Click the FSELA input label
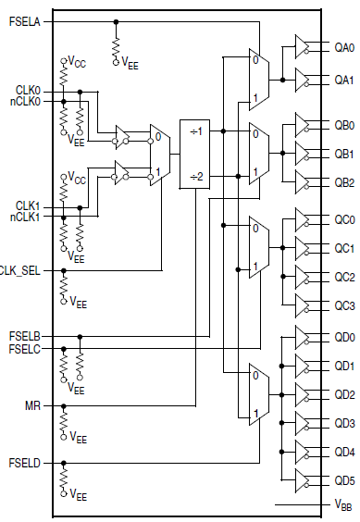tap(25, 19)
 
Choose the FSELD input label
tap(25, 462)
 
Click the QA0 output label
tap(343, 46)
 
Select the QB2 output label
tap(343, 181)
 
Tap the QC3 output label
tap(343, 305)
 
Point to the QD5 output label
tap(343, 480)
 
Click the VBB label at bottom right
tap(342, 504)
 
